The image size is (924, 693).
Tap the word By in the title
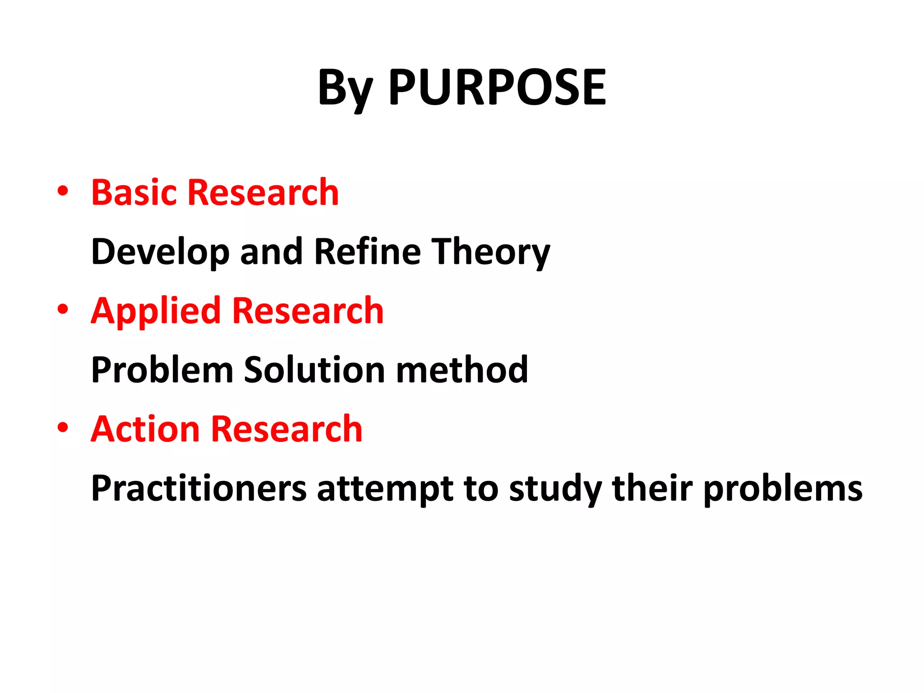[346, 88]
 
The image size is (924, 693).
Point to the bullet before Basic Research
[63, 191]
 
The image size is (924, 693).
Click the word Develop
[160, 252]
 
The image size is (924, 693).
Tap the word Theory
[490, 252]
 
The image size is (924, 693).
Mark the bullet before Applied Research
[63, 309]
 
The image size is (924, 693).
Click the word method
[462, 370]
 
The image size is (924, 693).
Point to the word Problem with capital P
[162, 370]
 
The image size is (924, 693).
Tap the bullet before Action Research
[63, 427]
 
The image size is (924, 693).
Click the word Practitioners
[199, 488]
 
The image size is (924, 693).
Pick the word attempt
[385, 489]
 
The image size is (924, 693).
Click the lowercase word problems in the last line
[783, 489]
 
